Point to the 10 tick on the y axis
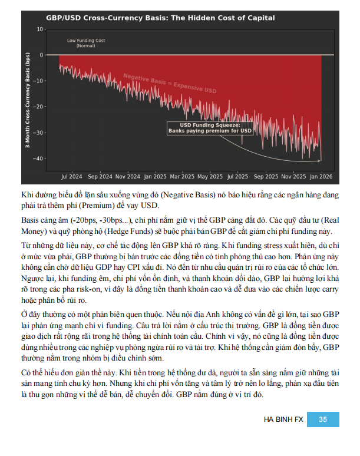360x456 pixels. pyautogui.click(x=40, y=29)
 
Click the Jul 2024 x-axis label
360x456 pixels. pyautogui.click(x=72, y=176)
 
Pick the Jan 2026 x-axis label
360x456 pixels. pyautogui.click(x=321, y=176)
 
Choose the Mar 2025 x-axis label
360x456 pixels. pyautogui.click(x=182, y=176)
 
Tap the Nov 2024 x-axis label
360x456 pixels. pyautogui.click(x=127, y=176)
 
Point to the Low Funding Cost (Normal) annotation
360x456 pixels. pyautogui.click(x=86, y=43)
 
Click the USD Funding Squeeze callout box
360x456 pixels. pyautogui.click(x=210, y=128)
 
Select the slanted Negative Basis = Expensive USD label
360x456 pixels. pyautogui.click(x=170, y=84)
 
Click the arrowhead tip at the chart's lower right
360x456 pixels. pyautogui.click(x=321, y=159)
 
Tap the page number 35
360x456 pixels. pyautogui.click(x=322, y=419)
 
